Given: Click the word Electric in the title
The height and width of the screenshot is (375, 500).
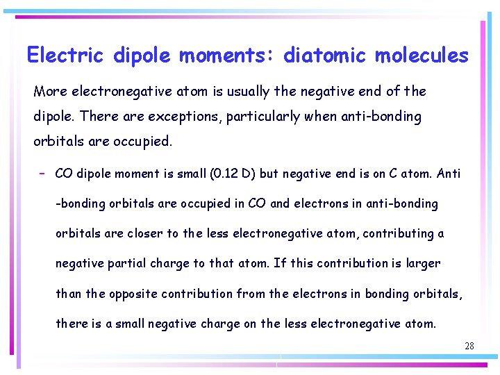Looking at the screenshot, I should (x=65, y=55).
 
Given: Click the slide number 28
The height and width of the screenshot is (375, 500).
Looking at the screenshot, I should (x=469, y=345).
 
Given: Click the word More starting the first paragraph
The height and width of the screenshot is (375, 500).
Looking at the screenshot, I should (x=50, y=92).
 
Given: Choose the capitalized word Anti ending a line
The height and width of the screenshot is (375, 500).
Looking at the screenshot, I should (x=448, y=174).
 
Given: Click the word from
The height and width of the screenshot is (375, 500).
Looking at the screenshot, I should (x=251, y=293).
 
